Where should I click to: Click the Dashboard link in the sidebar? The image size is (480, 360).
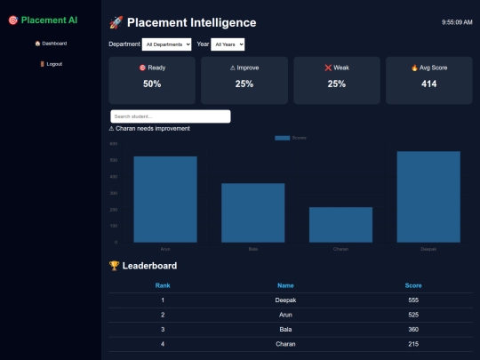click(51, 43)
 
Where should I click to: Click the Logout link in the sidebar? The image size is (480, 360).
click(51, 64)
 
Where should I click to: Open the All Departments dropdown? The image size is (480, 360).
click(167, 44)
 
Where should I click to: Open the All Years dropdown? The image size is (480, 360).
click(228, 44)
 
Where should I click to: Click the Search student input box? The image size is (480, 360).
click(170, 116)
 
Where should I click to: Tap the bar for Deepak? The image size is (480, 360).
click(428, 196)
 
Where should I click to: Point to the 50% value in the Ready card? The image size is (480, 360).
click(152, 84)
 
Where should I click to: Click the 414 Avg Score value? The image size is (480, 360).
click(429, 84)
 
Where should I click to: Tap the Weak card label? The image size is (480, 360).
click(337, 68)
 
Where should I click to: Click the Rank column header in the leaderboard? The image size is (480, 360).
click(163, 285)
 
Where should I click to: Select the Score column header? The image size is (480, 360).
click(413, 285)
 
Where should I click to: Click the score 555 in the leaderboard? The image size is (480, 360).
click(413, 300)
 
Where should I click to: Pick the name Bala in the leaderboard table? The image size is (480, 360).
click(285, 329)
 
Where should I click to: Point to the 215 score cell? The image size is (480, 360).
click(413, 344)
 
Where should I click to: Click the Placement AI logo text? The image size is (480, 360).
click(49, 20)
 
